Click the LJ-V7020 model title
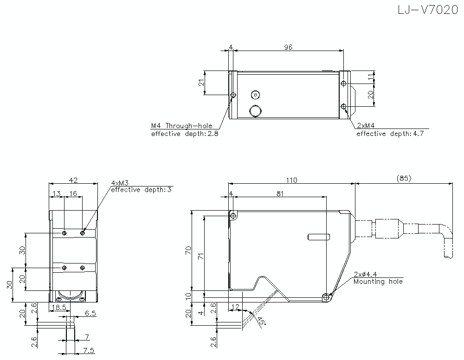coord(427,10)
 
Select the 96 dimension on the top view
coord(288,47)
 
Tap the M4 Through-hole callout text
coord(181,126)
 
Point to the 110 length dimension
coord(291,180)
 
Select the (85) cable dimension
coord(404,178)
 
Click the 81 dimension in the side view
coord(279,193)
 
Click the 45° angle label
coord(261,321)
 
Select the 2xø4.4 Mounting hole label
coord(378,278)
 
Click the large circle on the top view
coord(255,111)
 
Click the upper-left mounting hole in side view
coord(233,215)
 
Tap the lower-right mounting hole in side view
coord(328,297)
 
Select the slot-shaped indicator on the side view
coord(319,237)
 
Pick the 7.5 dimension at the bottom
coord(88,350)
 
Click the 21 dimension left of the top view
coord(201,83)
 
